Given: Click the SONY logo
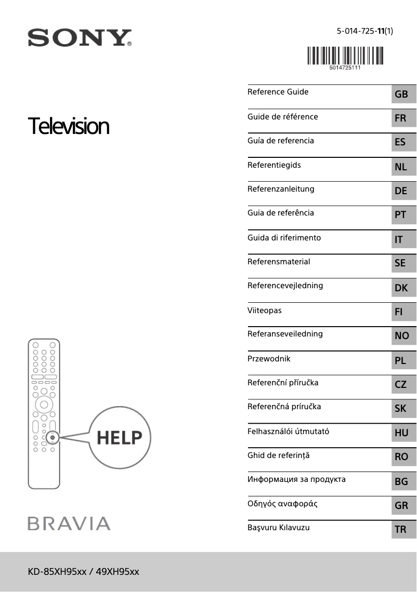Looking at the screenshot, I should [79, 38].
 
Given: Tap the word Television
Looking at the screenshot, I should [69, 126].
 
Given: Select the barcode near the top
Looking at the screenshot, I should [345, 56].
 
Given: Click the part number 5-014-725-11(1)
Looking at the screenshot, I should [364, 31].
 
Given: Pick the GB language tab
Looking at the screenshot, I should [401, 95].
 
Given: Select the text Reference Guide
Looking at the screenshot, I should [278, 92].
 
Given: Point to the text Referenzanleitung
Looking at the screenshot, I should [281, 189].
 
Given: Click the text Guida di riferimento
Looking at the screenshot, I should [284, 238].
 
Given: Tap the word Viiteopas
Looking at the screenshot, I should [265, 311].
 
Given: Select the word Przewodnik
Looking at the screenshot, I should [269, 359].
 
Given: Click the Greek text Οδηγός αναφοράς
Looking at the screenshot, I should [282, 504].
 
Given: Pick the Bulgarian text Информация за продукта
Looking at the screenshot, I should [296, 479].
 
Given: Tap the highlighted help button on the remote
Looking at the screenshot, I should [53, 438].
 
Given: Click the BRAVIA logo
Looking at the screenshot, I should [69, 523].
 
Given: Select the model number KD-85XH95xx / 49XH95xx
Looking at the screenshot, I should [84, 572].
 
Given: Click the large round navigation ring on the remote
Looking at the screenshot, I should [44, 404].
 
